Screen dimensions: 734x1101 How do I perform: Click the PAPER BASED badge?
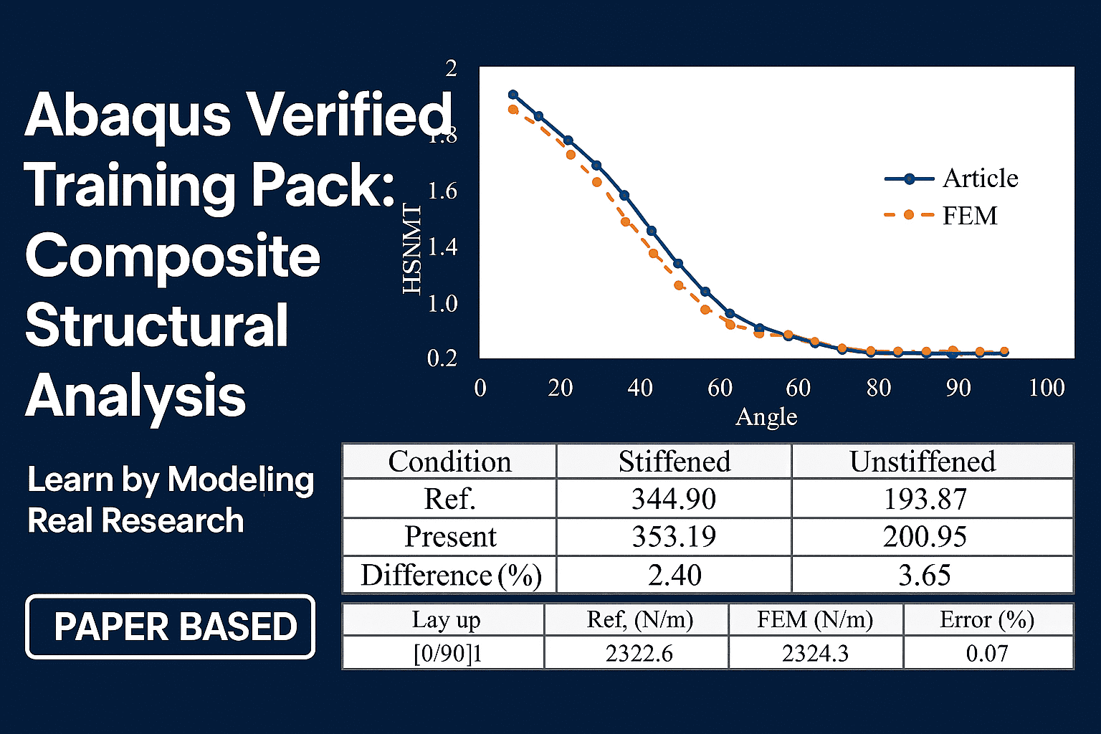pyautogui.click(x=171, y=626)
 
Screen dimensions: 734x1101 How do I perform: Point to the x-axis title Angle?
pyautogui.click(x=766, y=416)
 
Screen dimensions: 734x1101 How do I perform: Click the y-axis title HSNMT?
pyautogui.click(x=412, y=249)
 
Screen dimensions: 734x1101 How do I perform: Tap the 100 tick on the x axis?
pyautogui.click(x=1046, y=388)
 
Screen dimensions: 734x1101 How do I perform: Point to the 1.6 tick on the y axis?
pyautogui.click(x=442, y=191)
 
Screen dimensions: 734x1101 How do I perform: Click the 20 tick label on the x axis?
pyautogui.click(x=560, y=388)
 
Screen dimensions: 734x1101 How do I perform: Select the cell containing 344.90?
pyautogui.click(x=674, y=499)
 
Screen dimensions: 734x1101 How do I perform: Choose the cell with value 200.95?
pyautogui.click(x=925, y=537)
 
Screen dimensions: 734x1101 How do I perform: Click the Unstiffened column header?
pyautogui.click(x=923, y=462)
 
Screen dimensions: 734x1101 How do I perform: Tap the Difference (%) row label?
pyautogui.click(x=450, y=576)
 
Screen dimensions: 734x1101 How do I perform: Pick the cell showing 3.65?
pyautogui.click(x=925, y=576)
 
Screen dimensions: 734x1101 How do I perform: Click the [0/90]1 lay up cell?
pyautogui.click(x=447, y=654)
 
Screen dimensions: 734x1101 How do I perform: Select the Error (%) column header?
pyautogui.click(x=987, y=619)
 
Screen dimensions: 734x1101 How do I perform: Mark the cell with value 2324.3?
pyautogui.click(x=815, y=654)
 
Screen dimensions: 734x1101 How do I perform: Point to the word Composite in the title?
pyautogui.click(x=173, y=257)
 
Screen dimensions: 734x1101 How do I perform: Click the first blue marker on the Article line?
pyautogui.click(x=513, y=95)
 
